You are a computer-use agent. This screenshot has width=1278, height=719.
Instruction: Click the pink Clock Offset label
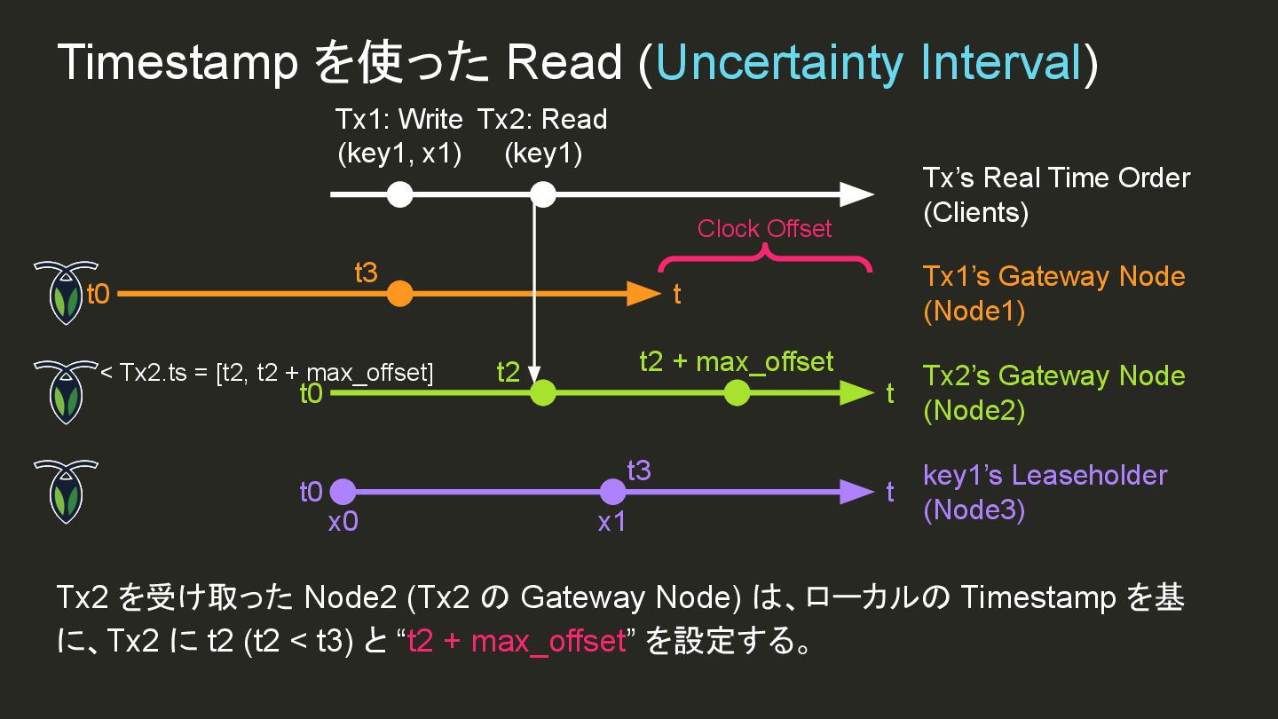(x=764, y=229)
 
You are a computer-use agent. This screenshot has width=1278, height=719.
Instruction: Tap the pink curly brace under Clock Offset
(x=764, y=258)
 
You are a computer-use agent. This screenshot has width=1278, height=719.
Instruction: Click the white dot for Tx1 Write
(x=400, y=194)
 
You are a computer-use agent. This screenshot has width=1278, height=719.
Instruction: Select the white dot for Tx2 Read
(x=542, y=194)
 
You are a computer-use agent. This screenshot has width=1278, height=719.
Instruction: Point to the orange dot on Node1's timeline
(x=400, y=294)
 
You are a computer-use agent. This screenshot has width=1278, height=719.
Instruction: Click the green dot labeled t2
(x=542, y=392)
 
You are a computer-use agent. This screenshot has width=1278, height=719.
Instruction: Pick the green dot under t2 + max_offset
(x=737, y=392)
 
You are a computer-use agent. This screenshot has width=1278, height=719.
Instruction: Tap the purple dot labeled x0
(x=343, y=492)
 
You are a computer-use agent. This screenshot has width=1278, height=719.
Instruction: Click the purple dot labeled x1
(x=612, y=492)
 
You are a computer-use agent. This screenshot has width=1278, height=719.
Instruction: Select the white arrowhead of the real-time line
(x=856, y=194)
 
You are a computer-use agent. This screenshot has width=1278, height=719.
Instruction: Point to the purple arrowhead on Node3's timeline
(x=856, y=492)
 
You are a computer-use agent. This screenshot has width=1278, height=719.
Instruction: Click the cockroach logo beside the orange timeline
(x=66, y=292)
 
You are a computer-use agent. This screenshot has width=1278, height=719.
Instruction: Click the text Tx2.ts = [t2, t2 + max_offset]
(x=276, y=373)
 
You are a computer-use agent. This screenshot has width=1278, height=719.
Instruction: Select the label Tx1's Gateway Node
(x=1053, y=276)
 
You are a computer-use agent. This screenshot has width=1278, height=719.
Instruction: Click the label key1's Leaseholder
(x=1045, y=475)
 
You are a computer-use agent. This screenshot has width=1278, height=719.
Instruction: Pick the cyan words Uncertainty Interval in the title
(x=868, y=63)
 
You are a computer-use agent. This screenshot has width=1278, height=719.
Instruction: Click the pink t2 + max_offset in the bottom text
(x=517, y=641)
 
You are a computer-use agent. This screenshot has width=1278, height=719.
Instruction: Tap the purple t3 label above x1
(x=639, y=470)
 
